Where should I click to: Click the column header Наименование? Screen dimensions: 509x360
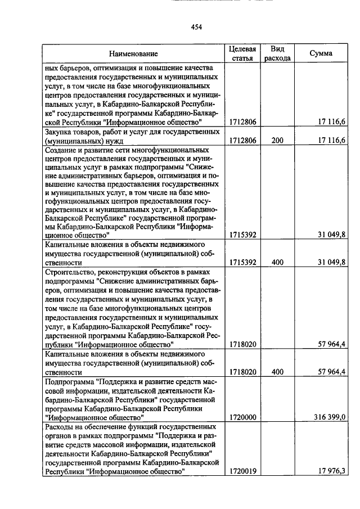[133, 53]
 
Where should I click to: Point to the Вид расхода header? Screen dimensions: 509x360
[277, 53]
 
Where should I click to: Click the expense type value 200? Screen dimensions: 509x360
[277, 141]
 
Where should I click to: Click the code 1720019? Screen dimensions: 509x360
[243, 471]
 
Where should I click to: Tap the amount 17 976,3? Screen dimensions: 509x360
[331, 471]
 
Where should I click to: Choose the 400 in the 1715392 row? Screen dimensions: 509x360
[277, 262]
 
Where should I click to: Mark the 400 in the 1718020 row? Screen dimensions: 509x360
[277, 372]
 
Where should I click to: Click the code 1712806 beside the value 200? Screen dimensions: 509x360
[243, 141]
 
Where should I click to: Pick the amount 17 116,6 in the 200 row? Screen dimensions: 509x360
[331, 141]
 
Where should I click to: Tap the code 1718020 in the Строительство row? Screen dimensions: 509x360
[243, 344]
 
